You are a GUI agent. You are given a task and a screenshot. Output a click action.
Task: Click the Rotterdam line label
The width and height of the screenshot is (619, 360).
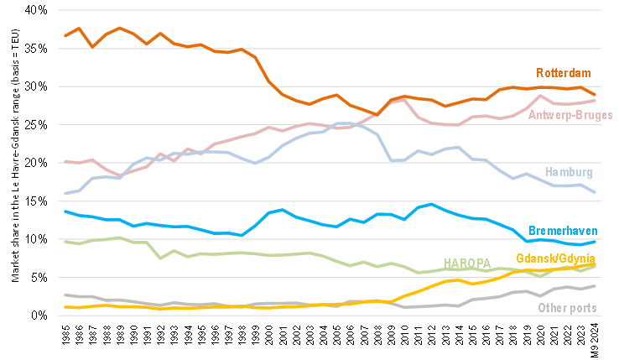(x=564, y=72)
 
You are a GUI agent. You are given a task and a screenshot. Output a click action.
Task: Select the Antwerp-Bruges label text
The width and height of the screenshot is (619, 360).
(x=570, y=115)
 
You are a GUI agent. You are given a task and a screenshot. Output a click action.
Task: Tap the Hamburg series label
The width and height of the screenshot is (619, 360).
(x=570, y=172)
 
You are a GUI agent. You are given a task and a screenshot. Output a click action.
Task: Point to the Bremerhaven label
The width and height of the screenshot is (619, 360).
(x=563, y=230)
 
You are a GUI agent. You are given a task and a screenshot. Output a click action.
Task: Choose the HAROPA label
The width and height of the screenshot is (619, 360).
(x=467, y=263)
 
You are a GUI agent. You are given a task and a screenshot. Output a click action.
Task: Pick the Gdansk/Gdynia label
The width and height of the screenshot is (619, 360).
(x=555, y=257)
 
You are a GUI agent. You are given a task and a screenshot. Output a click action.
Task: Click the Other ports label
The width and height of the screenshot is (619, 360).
(x=567, y=308)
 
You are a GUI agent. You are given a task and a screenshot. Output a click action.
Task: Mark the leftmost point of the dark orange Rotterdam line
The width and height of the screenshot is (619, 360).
(x=65, y=35)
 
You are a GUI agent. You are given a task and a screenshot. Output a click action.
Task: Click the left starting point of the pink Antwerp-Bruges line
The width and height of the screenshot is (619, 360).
(x=65, y=160)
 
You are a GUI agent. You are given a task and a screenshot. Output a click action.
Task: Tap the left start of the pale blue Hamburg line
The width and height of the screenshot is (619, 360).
(x=65, y=194)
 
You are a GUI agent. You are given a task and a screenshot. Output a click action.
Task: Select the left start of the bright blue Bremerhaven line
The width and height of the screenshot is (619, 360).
(x=65, y=211)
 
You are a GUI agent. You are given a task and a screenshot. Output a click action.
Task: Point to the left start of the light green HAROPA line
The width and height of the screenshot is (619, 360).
(x=65, y=241)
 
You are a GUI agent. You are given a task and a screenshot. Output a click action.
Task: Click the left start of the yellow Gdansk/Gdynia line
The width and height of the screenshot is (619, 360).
(x=65, y=307)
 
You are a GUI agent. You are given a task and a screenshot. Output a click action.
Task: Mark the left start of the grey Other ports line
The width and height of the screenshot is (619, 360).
(x=65, y=294)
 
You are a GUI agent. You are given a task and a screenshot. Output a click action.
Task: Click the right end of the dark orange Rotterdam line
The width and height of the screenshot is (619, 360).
(x=596, y=95)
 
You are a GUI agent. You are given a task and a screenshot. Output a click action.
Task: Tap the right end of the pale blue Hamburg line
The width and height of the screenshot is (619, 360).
(x=596, y=192)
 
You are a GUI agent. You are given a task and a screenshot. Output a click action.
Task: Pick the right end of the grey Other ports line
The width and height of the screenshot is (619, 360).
(x=596, y=286)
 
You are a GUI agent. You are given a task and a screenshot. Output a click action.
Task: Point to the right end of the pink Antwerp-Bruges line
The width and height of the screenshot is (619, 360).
(x=596, y=101)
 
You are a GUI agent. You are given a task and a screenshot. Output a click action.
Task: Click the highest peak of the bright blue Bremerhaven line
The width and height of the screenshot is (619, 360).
(x=431, y=204)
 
